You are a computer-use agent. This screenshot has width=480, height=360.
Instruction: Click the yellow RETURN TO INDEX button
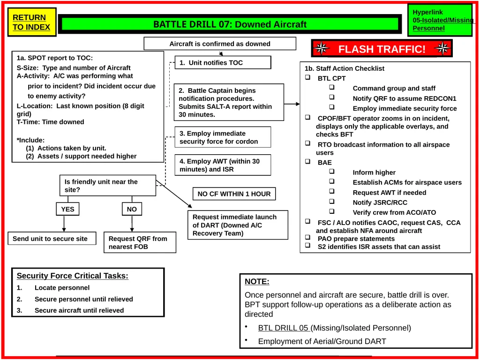32,22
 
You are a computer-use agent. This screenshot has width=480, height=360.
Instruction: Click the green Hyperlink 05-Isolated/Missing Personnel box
440,20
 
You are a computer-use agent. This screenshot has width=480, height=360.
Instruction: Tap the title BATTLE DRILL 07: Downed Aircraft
230,24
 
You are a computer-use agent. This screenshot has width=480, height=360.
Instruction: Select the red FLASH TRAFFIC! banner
382,49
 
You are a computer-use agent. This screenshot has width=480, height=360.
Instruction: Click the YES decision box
67,209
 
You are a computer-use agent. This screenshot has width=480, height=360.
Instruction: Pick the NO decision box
132,209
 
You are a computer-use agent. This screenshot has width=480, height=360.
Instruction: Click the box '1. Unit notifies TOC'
223,63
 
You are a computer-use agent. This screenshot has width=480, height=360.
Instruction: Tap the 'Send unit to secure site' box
52,239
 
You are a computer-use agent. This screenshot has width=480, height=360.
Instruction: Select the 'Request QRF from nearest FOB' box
140,242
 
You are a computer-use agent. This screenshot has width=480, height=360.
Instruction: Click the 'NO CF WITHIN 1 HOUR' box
234,194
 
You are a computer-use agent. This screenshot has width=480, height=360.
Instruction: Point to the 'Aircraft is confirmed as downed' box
220,44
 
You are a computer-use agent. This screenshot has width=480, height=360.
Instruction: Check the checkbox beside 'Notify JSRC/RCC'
332,202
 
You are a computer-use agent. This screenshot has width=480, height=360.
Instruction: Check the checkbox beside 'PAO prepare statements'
307,237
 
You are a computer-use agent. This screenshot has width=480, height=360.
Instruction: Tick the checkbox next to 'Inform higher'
332,172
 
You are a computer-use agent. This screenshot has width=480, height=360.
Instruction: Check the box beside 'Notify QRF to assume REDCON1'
332,97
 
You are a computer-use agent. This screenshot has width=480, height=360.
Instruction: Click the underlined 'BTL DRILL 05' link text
284,328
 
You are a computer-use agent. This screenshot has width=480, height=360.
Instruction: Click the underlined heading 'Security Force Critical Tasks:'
73,276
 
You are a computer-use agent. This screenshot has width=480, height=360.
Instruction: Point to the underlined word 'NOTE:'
257,282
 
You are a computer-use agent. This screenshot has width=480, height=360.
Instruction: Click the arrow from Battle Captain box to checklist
292,104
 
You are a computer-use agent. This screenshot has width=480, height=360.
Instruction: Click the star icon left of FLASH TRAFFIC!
321,48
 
